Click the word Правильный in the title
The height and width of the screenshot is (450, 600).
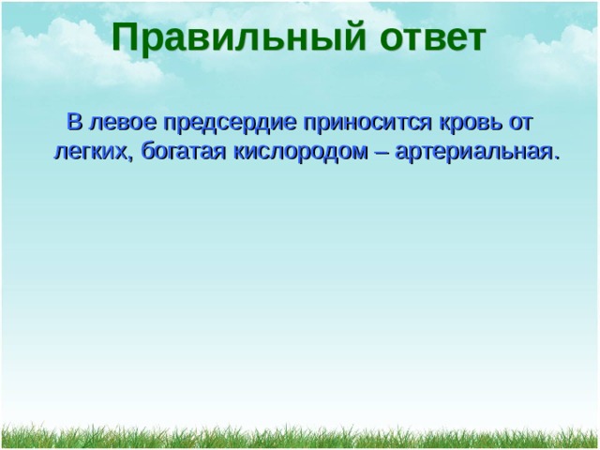pyautogui.click(x=239, y=38)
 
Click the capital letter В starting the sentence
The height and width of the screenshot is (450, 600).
pyautogui.click(x=75, y=122)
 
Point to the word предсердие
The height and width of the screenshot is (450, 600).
pyautogui.click(x=230, y=124)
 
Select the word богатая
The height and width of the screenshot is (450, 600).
pyautogui.click(x=183, y=152)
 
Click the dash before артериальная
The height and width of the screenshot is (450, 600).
pyautogui.click(x=382, y=154)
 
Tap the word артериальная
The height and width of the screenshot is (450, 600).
pyautogui.click(x=472, y=153)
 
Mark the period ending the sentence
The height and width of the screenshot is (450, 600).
pyautogui.click(x=556, y=157)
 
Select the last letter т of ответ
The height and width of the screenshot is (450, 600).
pyautogui.click(x=475, y=39)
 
